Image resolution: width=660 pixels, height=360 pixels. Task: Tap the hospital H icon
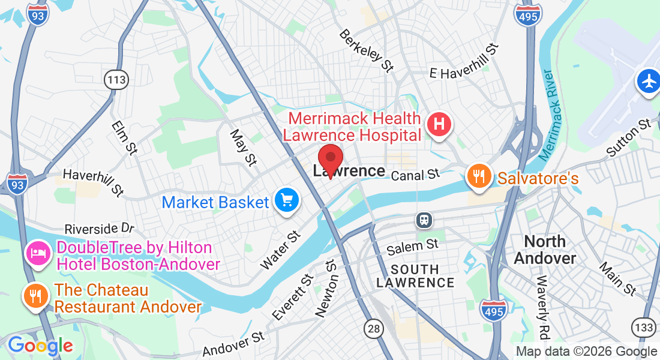[x=439, y=124]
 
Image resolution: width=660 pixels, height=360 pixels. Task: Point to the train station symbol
[x=424, y=220]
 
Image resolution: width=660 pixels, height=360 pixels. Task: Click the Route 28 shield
[x=374, y=328]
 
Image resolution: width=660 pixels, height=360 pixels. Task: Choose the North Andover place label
[x=545, y=250]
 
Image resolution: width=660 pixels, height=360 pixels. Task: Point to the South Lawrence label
[x=415, y=275]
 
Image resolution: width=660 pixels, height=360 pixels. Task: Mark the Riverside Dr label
[x=100, y=229]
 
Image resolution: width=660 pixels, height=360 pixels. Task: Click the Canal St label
[x=415, y=175]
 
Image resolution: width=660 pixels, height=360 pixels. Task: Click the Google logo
[x=40, y=346]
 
